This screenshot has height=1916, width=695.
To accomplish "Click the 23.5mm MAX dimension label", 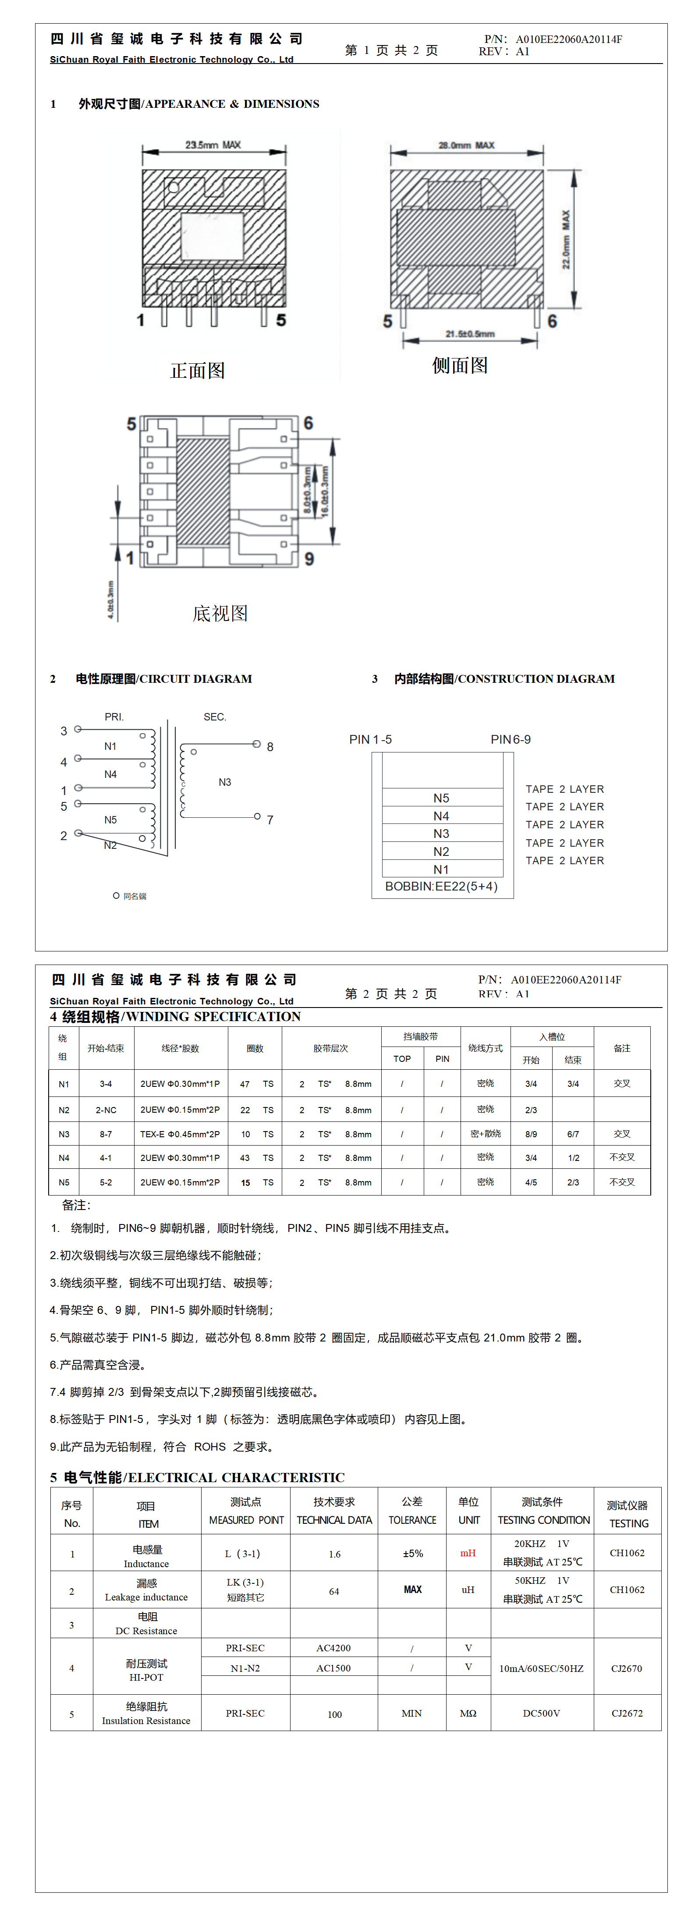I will pyautogui.click(x=213, y=145).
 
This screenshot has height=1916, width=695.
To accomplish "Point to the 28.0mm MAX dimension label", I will pyautogui.click(x=467, y=145).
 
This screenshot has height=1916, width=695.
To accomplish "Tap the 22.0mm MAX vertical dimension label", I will pyautogui.click(x=566, y=239).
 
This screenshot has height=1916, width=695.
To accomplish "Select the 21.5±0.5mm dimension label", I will pyautogui.click(x=469, y=334).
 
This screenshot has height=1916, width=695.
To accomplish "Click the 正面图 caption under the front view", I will pyautogui.click(x=197, y=370).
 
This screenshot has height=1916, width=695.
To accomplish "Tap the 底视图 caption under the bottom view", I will pyautogui.click(x=220, y=614).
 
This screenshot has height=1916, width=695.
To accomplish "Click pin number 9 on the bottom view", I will pyautogui.click(x=309, y=559).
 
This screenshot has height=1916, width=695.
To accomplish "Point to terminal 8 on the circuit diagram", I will pyautogui.click(x=270, y=747).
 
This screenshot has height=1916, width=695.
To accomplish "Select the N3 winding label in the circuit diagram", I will pyautogui.click(x=225, y=782).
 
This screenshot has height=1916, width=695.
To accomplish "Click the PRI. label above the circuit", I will pyautogui.click(x=114, y=717).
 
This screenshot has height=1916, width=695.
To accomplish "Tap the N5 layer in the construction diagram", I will pyautogui.click(x=441, y=798).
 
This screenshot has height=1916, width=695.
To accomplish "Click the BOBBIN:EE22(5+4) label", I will pyautogui.click(x=441, y=887).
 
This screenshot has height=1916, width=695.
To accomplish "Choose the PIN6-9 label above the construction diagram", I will pyautogui.click(x=511, y=739).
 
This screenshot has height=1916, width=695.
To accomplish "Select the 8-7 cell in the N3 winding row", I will pyautogui.click(x=106, y=1134).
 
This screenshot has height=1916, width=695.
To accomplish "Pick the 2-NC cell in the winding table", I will pyautogui.click(x=106, y=1110).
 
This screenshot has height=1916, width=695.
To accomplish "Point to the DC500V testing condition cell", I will pyautogui.click(x=542, y=1714).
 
